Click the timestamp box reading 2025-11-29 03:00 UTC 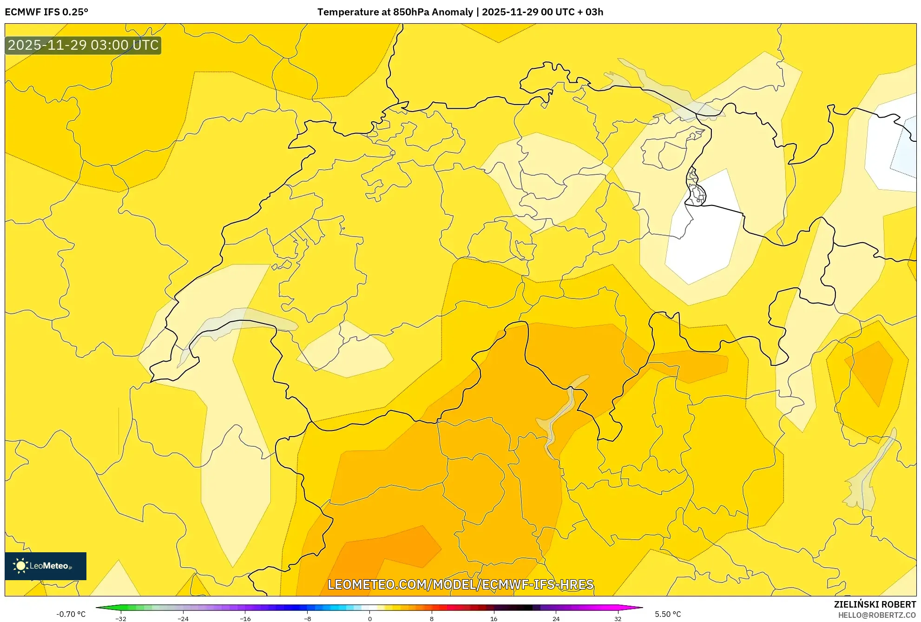83,45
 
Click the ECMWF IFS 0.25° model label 46,12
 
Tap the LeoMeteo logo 46,566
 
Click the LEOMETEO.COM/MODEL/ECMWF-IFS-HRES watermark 460,584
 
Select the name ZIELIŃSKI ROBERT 875,604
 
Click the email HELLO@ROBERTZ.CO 877,615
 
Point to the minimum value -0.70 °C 71,614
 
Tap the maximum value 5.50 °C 668,614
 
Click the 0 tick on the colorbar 370,618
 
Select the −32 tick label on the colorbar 121,618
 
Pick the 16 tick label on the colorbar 493,618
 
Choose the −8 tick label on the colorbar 308,618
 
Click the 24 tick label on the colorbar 556,618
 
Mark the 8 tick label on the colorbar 432,618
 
